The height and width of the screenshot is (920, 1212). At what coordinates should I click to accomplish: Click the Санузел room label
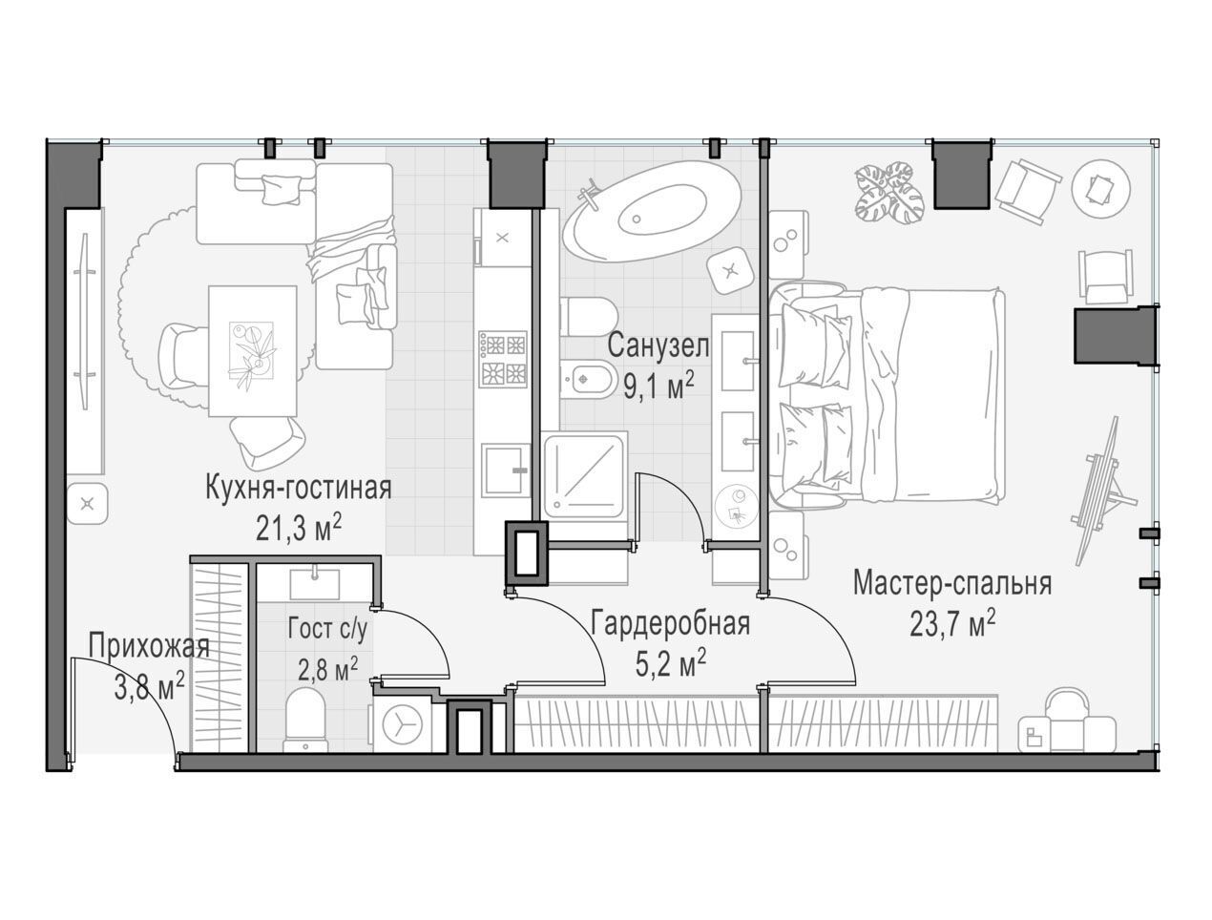(658, 346)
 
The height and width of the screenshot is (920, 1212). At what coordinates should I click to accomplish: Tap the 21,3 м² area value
(298, 529)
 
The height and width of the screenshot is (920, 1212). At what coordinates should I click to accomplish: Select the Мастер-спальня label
(951, 584)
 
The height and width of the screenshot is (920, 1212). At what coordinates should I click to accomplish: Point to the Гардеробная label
(670, 624)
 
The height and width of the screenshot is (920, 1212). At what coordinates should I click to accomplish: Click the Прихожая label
(149, 647)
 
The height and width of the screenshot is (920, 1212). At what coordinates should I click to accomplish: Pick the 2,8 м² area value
(327, 669)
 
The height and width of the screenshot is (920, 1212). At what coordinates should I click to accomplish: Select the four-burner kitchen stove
(503, 358)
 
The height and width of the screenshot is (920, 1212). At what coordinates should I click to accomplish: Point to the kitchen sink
(503, 470)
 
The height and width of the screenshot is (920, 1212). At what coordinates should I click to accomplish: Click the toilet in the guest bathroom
(306, 719)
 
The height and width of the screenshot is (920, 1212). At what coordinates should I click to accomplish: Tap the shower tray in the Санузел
(585, 474)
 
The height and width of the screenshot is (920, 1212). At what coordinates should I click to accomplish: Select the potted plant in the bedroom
(888, 193)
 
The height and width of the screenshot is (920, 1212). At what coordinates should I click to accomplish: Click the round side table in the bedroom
(1100, 189)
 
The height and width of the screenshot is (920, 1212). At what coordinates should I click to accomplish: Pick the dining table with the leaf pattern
(253, 351)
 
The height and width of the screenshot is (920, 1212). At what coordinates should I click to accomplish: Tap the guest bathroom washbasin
(315, 585)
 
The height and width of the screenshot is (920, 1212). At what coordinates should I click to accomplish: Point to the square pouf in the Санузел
(730, 271)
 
